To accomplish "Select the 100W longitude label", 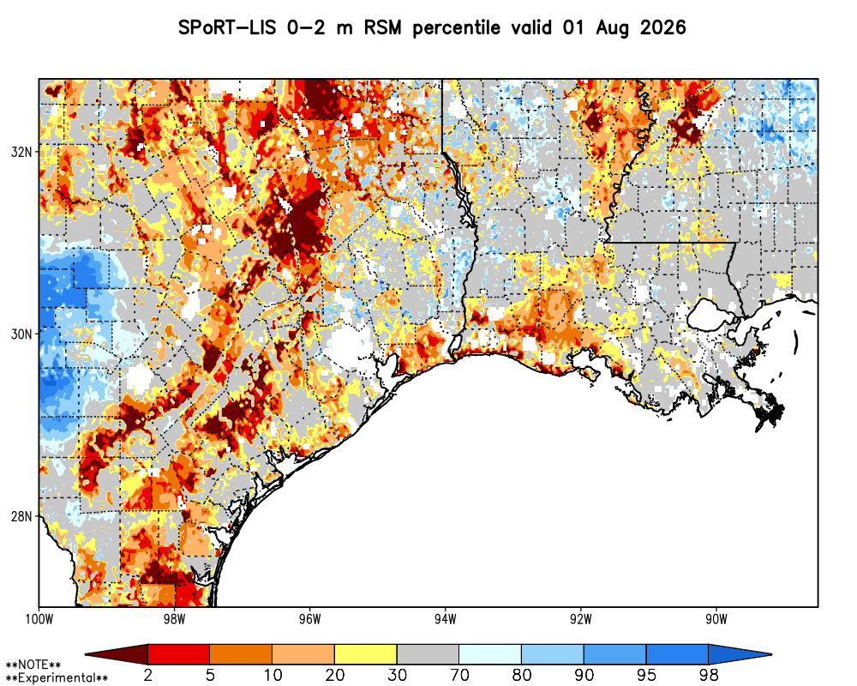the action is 39,619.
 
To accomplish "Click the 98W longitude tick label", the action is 174,619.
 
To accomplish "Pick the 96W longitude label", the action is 310,619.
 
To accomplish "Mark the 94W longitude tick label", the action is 446,619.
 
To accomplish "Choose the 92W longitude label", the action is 581,619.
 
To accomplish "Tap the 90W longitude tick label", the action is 716,619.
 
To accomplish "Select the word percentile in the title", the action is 456,28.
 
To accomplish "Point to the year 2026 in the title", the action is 662,27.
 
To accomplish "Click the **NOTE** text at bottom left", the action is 33,665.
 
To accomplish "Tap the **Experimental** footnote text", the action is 57,678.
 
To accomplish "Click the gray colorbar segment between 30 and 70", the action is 428,654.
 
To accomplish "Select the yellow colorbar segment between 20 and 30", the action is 366,654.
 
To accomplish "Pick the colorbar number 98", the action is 709,675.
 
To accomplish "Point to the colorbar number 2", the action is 147,675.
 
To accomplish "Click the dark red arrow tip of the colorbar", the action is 86,654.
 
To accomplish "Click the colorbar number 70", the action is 459,675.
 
